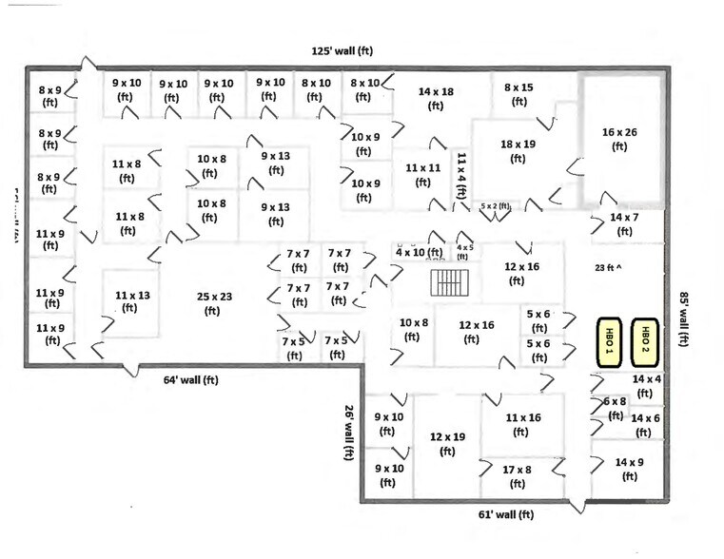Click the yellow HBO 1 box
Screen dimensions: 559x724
click(609, 340)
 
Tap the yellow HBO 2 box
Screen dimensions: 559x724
click(646, 340)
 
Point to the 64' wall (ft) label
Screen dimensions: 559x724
click(190, 379)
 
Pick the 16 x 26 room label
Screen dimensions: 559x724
click(619, 140)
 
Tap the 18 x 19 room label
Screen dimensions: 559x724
click(518, 151)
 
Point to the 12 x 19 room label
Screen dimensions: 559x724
click(446, 444)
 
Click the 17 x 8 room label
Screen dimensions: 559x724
click(517, 476)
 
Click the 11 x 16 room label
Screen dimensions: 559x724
click(522, 424)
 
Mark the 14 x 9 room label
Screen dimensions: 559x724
click(629, 469)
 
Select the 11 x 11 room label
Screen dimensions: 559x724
click(422, 174)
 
